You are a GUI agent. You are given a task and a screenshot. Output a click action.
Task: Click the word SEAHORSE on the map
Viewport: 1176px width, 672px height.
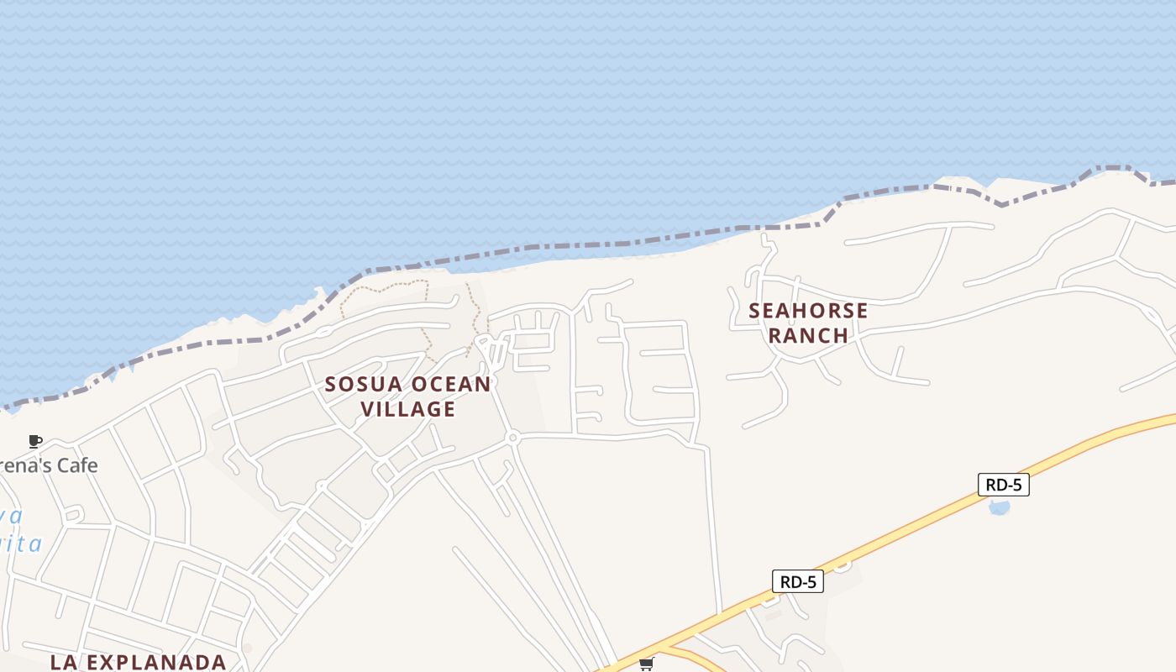[808, 311]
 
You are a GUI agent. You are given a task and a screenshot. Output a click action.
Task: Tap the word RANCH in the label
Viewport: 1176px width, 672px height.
[808, 335]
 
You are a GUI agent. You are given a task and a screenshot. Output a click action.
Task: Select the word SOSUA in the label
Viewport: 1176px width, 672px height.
[360, 385]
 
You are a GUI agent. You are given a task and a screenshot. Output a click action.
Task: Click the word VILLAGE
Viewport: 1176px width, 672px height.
[408, 409]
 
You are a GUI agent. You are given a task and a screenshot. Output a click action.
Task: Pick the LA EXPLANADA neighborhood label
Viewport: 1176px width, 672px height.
[138, 662]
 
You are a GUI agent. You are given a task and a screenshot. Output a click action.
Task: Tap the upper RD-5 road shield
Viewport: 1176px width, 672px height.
[1003, 485]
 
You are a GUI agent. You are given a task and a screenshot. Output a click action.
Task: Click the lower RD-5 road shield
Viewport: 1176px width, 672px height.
[797, 581]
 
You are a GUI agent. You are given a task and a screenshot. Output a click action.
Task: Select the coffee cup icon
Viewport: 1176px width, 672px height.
[35, 441]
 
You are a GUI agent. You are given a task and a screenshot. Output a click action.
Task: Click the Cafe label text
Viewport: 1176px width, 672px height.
[74, 465]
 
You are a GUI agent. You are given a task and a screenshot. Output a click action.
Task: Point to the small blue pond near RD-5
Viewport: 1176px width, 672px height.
[999, 507]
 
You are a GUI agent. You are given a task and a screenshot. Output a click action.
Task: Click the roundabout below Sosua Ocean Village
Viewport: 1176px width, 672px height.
[512, 438]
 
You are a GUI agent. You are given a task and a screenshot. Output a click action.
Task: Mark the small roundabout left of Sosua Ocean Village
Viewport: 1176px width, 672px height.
[321, 486]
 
